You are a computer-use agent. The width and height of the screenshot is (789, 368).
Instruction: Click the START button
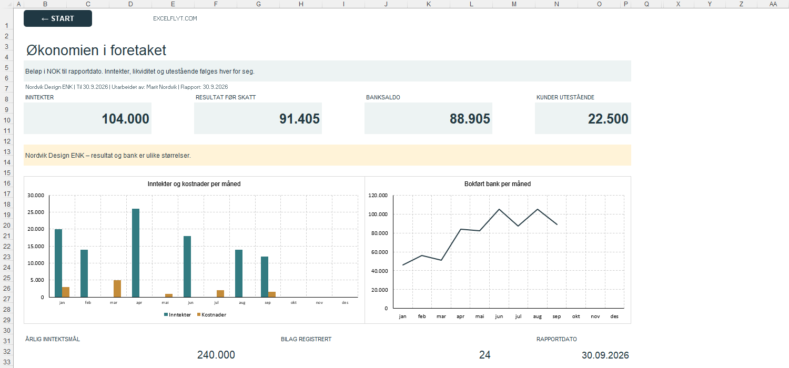[58, 18]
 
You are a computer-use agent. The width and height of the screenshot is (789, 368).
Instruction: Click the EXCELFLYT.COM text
[175, 19]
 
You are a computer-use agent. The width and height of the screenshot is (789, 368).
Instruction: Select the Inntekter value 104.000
[125, 119]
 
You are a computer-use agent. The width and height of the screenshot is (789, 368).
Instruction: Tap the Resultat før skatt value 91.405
[299, 119]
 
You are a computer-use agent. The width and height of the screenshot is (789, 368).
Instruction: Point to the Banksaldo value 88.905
[470, 119]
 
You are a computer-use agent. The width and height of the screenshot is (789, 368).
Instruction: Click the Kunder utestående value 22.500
[608, 119]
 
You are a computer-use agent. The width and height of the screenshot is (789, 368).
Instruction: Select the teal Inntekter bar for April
[136, 253]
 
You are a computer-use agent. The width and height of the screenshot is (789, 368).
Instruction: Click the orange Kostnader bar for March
[117, 289]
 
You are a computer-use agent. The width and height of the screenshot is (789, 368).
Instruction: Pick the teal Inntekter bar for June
[187, 267]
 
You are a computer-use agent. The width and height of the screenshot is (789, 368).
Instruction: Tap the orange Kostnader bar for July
[220, 294]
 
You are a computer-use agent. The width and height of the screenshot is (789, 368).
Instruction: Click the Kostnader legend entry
[211, 315]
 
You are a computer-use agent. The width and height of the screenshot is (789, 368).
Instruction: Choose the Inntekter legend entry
[178, 315]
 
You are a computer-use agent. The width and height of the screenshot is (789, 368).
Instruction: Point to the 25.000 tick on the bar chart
[36, 212]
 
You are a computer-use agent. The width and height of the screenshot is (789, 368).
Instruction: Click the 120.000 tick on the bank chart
[378, 196]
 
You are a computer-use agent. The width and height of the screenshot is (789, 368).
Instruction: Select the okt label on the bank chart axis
[576, 316]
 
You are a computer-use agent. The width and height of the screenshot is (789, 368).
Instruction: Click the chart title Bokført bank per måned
[498, 184]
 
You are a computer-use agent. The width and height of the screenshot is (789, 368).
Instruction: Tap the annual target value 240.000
[216, 355]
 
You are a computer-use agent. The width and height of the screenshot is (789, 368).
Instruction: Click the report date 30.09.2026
[605, 355]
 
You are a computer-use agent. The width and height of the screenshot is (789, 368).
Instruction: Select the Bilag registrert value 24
[484, 355]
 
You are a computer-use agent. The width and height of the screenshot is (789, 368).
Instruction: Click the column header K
[429, 4]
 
